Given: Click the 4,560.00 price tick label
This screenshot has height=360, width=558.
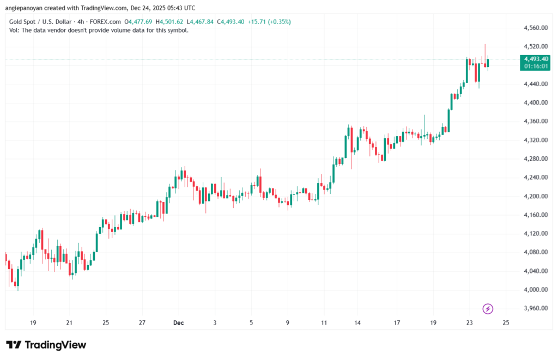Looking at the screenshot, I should (535, 28).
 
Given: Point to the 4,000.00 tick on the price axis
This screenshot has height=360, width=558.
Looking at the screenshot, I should (535, 290).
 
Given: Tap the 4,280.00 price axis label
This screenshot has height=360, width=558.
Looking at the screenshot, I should (535, 158).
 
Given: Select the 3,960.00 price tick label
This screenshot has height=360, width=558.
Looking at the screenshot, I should (535, 308).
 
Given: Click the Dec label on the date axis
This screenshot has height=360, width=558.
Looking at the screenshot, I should (178, 323).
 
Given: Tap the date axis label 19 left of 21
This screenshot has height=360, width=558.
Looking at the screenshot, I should (33, 323).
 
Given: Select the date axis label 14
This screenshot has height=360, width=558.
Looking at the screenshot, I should (357, 323).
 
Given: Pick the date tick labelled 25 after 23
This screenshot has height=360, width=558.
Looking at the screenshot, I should (506, 323).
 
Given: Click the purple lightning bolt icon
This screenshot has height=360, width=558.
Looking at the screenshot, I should (488, 309).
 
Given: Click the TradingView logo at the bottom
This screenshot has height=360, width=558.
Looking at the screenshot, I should (46, 345).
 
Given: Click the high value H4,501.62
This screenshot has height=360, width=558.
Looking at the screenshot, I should (170, 22).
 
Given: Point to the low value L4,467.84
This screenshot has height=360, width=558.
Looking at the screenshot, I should (201, 22).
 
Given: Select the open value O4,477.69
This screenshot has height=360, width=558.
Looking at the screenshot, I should (139, 22).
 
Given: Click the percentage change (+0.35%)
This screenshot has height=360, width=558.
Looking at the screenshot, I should (277, 22).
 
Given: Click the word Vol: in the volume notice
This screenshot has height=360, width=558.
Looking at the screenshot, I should (15, 30).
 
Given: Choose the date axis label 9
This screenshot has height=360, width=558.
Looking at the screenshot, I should (288, 323).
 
